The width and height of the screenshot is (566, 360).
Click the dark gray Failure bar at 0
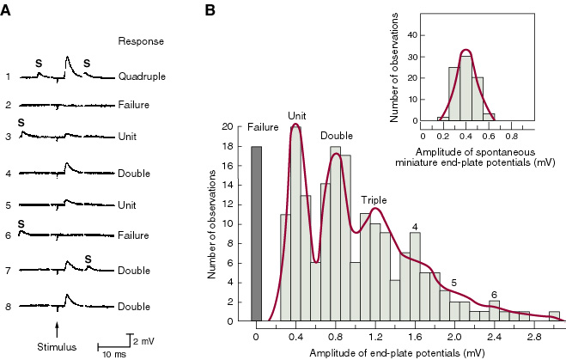(x=256, y=234)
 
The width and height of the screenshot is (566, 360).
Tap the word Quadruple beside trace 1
(x=142, y=76)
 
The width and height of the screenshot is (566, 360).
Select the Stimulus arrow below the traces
(x=57, y=330)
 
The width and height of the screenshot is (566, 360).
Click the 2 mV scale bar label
(x=143, y=341)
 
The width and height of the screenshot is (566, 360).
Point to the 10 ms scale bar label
(x=114, y=354)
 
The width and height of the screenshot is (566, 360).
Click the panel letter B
(x=210, y=9)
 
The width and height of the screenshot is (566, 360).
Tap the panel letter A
(x=5, y=10)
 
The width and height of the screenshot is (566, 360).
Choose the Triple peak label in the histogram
(x=374, y=200)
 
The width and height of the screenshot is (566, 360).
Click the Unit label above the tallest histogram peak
(x=296, y=116)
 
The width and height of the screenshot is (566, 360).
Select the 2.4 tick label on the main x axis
(x=494, y=337)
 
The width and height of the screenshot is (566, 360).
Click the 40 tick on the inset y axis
(x=412, y=35)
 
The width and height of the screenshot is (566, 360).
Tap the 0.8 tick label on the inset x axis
(x=512, y=137)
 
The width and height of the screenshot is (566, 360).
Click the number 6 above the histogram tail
(x=494, y=295)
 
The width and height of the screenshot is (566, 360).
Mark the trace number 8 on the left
(x=8, y=307)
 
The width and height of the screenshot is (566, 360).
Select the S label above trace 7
(x=88, y=259)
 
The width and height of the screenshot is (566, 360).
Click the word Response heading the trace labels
(x=141, y=41)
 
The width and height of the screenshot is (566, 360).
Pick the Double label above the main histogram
(x=337, y=136)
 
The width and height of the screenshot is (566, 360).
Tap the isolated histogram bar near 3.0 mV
(x=554, y=316)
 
